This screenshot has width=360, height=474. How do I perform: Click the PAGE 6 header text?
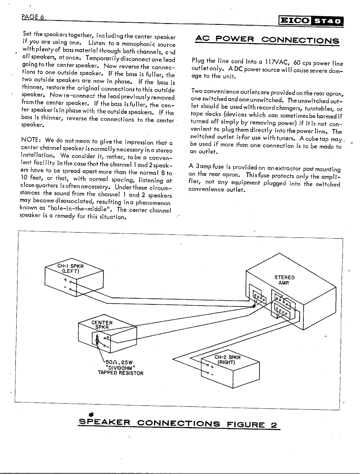click(33, 17)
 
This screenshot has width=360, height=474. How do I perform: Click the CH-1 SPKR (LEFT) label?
click(70, 268)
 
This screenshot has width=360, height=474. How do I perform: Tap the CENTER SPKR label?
click(102, 325)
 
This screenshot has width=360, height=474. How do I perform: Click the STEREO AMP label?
click(284, 280)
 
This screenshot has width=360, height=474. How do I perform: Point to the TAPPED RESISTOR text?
click(121, 373)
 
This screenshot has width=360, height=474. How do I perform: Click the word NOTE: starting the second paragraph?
click(32, 140)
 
